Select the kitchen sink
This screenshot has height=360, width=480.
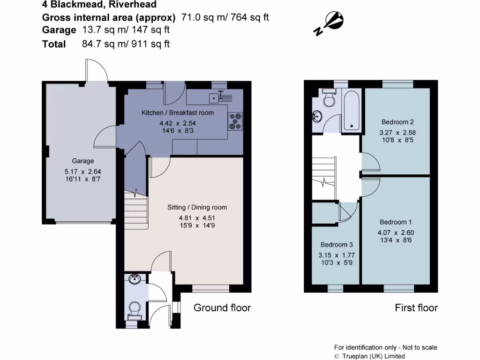pos(215,98)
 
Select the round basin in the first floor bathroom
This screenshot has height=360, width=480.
pos(317,116)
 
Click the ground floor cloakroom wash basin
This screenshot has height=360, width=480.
pos(135,280)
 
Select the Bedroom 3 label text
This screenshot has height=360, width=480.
pos(337,244)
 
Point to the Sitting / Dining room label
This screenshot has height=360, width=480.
pos(197,207)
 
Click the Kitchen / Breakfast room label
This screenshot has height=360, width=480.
pos(178,112)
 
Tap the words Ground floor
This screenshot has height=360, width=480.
pos(222,307)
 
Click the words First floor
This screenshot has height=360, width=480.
pos(416,307)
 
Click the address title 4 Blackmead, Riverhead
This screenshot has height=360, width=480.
pos(99,5)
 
